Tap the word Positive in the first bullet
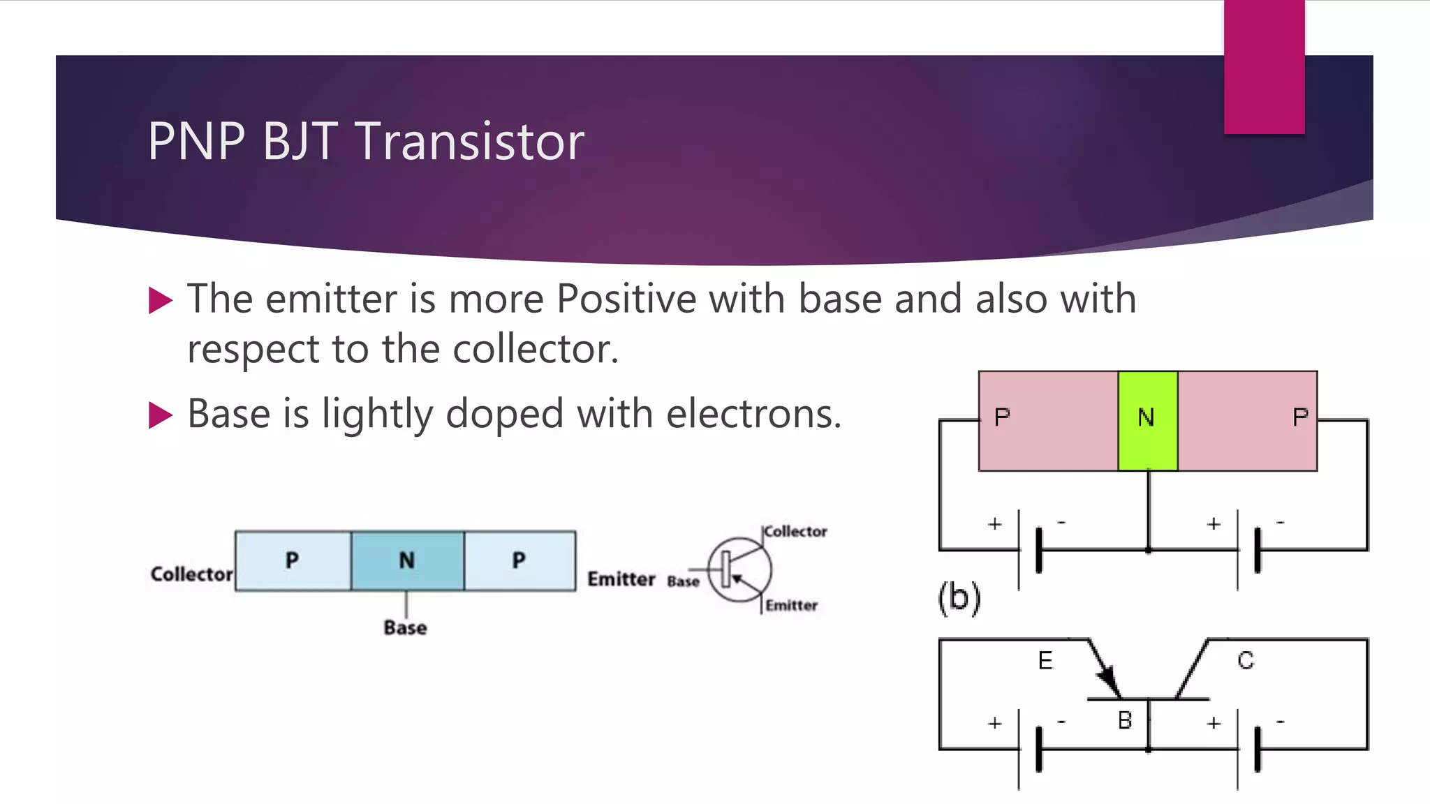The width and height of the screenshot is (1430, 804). click(626, 299)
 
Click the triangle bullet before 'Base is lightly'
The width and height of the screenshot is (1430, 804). click(161, 415)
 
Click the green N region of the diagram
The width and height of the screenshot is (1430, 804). click(1147, 420)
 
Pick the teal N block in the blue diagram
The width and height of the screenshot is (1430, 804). click(407, 560)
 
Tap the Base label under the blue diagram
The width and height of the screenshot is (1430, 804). click(405, 627)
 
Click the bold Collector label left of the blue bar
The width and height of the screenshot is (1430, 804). click(191, 574)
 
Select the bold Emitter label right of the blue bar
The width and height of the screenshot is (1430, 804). click(621, 579)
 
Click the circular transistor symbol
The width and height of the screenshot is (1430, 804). click(740, 569)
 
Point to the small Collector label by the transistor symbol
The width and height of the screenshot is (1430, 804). click(795, 532)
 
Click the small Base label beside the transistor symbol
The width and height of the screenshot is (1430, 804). click(683, 581)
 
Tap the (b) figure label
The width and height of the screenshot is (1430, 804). click(959, 598)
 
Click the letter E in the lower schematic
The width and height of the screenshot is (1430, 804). click(1045, 660)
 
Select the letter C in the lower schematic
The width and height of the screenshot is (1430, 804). click(1246, 660)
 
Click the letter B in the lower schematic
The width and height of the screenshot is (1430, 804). click(1124, 720)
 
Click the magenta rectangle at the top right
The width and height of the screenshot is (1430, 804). click(1264, 67)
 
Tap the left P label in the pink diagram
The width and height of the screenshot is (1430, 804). click(1002, 417)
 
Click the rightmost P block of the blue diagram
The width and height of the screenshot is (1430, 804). click(519, 560)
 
